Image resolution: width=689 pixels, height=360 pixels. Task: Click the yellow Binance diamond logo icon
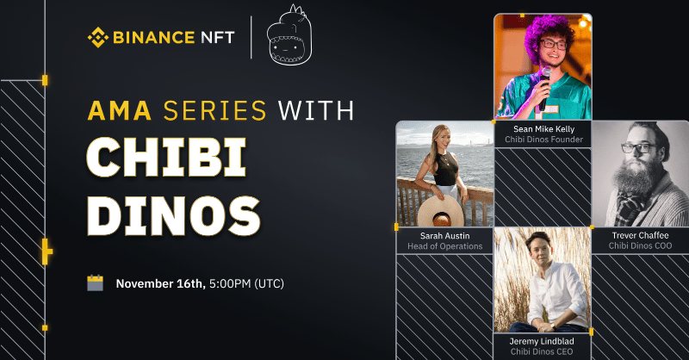(x=97, y=37)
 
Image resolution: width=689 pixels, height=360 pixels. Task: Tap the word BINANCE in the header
(x=154, y=37)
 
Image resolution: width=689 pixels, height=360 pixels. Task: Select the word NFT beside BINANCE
(x=218, y=37)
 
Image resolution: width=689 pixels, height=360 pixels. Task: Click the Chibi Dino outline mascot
(x=289, y=36)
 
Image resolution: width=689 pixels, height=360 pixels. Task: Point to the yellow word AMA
(x=120, y=110)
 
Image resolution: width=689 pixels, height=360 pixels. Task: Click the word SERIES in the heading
(x=214, y=110)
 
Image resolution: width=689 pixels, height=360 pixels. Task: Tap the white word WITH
(x=316, y=110)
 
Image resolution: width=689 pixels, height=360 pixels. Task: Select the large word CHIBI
(x=166, y=158)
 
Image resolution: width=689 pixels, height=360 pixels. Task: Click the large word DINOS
(x=174, y=216)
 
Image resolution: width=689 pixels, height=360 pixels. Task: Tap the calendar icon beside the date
(x=95, y=283)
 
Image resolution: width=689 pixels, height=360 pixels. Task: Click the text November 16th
(x=161, y=283)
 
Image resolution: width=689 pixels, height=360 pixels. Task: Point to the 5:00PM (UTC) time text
(x=246, y=283)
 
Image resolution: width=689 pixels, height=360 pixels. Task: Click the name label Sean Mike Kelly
(x=544, y=129)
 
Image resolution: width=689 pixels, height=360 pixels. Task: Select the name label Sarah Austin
(x=444, y=236)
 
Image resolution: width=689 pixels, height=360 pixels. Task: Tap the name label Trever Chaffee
(x=640, y=236)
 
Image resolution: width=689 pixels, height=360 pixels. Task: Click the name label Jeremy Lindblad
(x=542, y=342)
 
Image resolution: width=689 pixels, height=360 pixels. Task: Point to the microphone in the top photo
(x=545, y=88)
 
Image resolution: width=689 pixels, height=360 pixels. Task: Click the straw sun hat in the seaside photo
(x=441, y=211)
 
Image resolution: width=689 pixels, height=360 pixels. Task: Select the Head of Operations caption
(x=444, y=246)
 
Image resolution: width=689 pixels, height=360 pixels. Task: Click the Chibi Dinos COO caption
(x=640, y=246)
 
